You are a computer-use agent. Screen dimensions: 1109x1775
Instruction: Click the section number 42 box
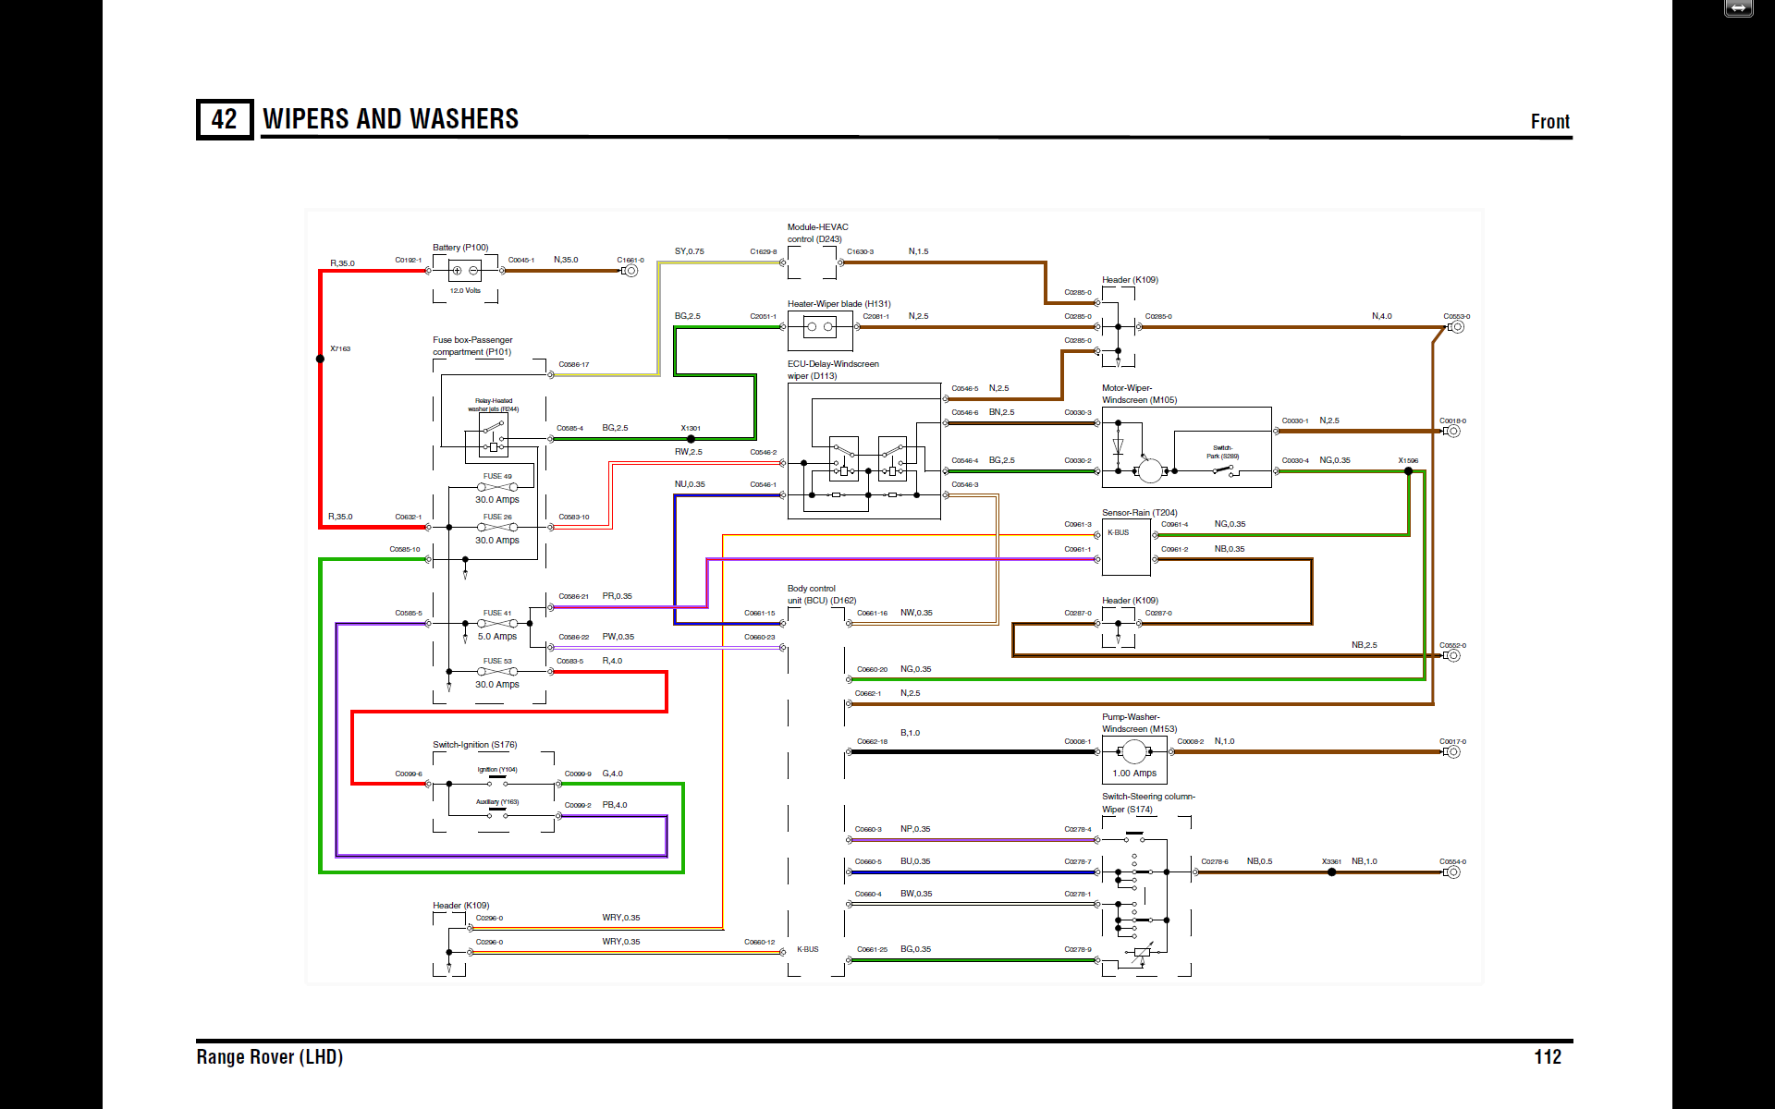tap(224, 119)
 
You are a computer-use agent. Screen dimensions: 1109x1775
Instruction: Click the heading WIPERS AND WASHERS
tap(390, 119)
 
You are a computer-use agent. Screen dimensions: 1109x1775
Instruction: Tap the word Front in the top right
tap(1549, 122)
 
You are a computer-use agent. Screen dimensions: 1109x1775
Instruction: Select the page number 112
tap(1547, 1056)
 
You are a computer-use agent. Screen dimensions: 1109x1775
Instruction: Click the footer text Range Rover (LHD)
tap(269, 1056)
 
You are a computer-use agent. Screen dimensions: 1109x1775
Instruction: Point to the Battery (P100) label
tap(460, 248)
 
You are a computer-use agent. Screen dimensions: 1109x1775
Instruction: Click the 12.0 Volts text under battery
tap(465, 290)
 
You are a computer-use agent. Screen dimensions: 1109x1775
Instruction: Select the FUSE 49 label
tap(497, 476)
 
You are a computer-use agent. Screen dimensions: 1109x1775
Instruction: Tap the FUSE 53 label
tap(497, 661)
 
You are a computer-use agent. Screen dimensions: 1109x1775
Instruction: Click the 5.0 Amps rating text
tap(497, 637)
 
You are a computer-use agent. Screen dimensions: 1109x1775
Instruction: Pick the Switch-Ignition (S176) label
tap(475, 745)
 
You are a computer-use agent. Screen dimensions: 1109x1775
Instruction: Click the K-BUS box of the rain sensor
tap(1119, 533)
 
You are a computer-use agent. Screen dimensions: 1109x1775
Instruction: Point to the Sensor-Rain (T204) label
tap(1139, 513)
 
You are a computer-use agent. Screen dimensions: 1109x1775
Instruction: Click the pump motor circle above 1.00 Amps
tap(1134, 751)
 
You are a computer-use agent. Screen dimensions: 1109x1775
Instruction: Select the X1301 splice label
tap(691, 428)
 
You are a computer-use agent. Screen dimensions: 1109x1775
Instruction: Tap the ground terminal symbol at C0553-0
tap(1457, 327)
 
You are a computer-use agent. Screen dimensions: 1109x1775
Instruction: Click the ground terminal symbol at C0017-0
tap(1452, 752)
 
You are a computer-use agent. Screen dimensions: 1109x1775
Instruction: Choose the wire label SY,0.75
tap(689, 251)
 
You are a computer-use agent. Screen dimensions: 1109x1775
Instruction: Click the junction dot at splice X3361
tap(1331, 872)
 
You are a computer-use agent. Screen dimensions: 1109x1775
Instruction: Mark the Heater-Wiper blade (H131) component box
tap(819, 327)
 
